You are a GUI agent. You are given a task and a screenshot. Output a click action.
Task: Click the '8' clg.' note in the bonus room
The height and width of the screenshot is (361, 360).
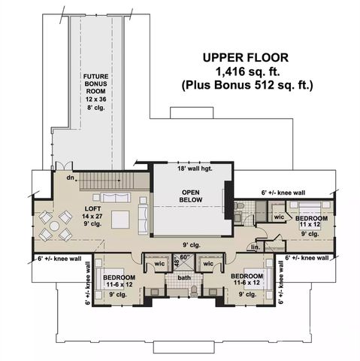pos(94,108)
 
